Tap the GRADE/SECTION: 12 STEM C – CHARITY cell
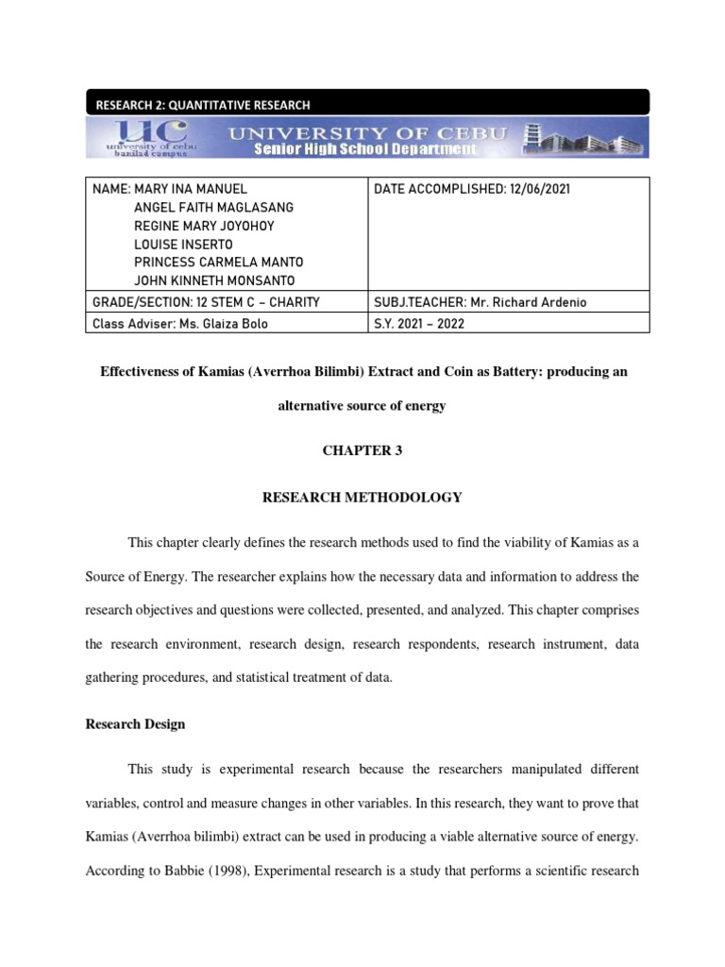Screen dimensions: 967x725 pyautogui.click(x=206, y=302)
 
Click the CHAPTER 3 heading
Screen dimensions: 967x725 pyautogui.click(x=362, y=450)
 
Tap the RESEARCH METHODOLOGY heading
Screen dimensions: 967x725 pyautogui.click(x=362, y=496)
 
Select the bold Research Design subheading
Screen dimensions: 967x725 pyautogui.click(x=135, y=724)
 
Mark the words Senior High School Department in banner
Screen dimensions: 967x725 pyautogui.click(x=363, y=149)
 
